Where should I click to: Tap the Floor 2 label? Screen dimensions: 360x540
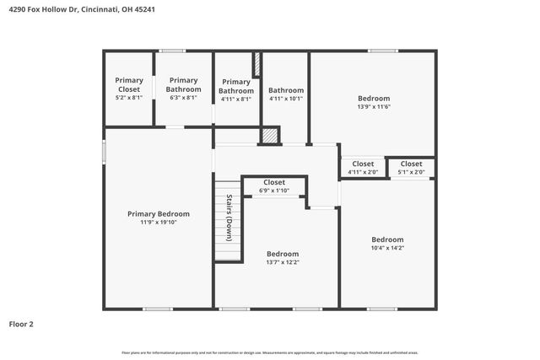21,324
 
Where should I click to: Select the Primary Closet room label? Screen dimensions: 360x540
129,84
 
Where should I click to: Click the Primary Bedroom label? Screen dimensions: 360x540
159,214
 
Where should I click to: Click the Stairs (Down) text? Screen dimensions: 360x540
229,218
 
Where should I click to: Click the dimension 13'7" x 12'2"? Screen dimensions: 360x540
283,263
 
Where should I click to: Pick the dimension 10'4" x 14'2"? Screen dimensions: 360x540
387,249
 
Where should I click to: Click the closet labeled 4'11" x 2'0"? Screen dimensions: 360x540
363,173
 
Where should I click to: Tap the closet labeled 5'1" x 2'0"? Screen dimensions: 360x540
411,173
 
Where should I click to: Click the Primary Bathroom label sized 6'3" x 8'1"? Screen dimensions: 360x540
183,84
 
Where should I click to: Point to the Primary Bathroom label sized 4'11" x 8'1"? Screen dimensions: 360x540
235,86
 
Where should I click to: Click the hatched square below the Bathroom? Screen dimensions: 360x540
269,135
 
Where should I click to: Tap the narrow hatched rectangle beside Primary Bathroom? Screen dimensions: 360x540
256,66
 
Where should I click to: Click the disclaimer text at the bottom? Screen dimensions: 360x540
269,352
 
